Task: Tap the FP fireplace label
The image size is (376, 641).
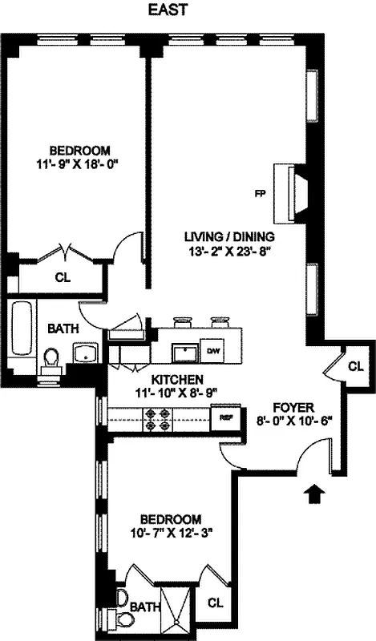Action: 260,193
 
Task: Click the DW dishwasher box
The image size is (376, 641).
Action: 214,351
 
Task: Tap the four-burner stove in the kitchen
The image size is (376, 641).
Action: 156,417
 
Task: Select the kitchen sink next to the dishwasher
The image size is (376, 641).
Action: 187,351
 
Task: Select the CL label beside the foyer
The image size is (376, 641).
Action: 355,366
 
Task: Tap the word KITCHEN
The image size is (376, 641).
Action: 168,379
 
